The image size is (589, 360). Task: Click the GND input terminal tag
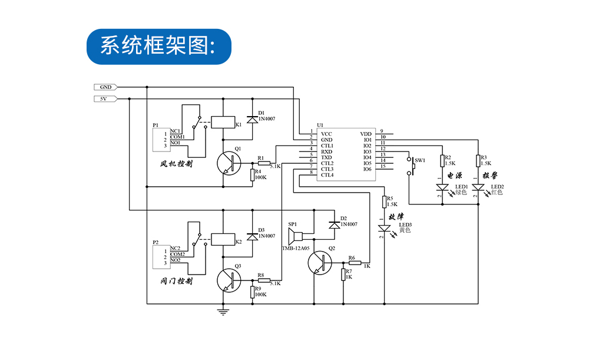tap(106, 87)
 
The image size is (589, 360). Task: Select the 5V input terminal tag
tap(106, 98)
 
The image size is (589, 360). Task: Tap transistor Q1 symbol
tap(229, 163)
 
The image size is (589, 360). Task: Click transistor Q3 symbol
tap(229, 280)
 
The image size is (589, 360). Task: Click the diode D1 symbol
tap(253, 119)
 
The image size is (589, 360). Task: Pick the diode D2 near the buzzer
tap(335, 224)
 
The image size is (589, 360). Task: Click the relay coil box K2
tap(222, 239)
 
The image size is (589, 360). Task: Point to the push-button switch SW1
tap(411, 167)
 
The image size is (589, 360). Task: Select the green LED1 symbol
tap(442, 188)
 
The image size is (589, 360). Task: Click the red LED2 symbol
tap(478, 188)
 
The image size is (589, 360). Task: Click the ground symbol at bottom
tap(223, 311)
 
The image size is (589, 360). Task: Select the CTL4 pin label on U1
tap(327, 175)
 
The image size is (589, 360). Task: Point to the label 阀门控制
tap(176, 281)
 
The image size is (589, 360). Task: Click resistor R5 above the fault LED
tap(384, 202)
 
